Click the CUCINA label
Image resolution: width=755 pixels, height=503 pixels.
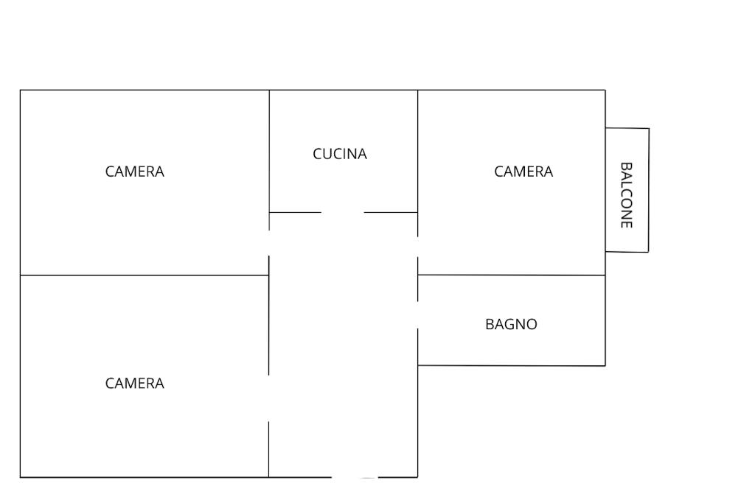[340, 154]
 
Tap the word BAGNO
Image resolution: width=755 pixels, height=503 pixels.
[511, 324]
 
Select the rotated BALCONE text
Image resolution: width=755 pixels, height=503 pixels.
[627, 195]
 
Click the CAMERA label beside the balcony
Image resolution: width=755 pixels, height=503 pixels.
[523, 172]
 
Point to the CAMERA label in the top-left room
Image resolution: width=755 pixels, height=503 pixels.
[135, 172]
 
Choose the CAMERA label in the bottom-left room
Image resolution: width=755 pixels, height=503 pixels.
[135, 383]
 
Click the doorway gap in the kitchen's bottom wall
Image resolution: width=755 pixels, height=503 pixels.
[343, 212]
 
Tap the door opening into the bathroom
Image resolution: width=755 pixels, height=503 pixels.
[418, 315]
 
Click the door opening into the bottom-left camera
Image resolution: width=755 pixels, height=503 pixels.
[269, 398]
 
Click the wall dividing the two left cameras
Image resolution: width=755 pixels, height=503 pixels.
[144, 275]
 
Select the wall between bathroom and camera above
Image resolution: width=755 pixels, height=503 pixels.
[512, 275]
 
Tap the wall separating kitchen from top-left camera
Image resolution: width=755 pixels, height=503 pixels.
[269, 151]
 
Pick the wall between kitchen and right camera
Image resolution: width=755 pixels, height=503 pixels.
[418, 151]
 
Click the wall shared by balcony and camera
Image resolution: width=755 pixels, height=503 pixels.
[605, 190]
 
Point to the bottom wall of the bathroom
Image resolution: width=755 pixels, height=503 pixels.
[512, 365]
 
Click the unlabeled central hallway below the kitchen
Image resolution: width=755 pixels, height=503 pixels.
[344, 346]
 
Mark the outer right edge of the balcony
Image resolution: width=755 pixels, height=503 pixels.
[649, 190]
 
